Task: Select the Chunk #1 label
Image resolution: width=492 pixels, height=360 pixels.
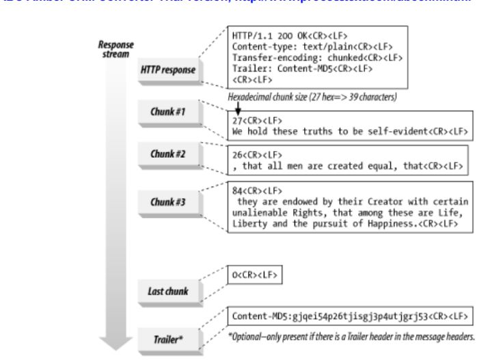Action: [x=167, y=111]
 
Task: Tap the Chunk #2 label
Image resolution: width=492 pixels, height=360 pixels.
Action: [x=167, y=152]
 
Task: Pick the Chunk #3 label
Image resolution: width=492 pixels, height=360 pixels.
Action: [x=167, y=202]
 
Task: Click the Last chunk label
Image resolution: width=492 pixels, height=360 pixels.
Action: [x=167, y=291]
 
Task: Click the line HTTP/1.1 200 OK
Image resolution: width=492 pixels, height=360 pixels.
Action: [x=280, y=34]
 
